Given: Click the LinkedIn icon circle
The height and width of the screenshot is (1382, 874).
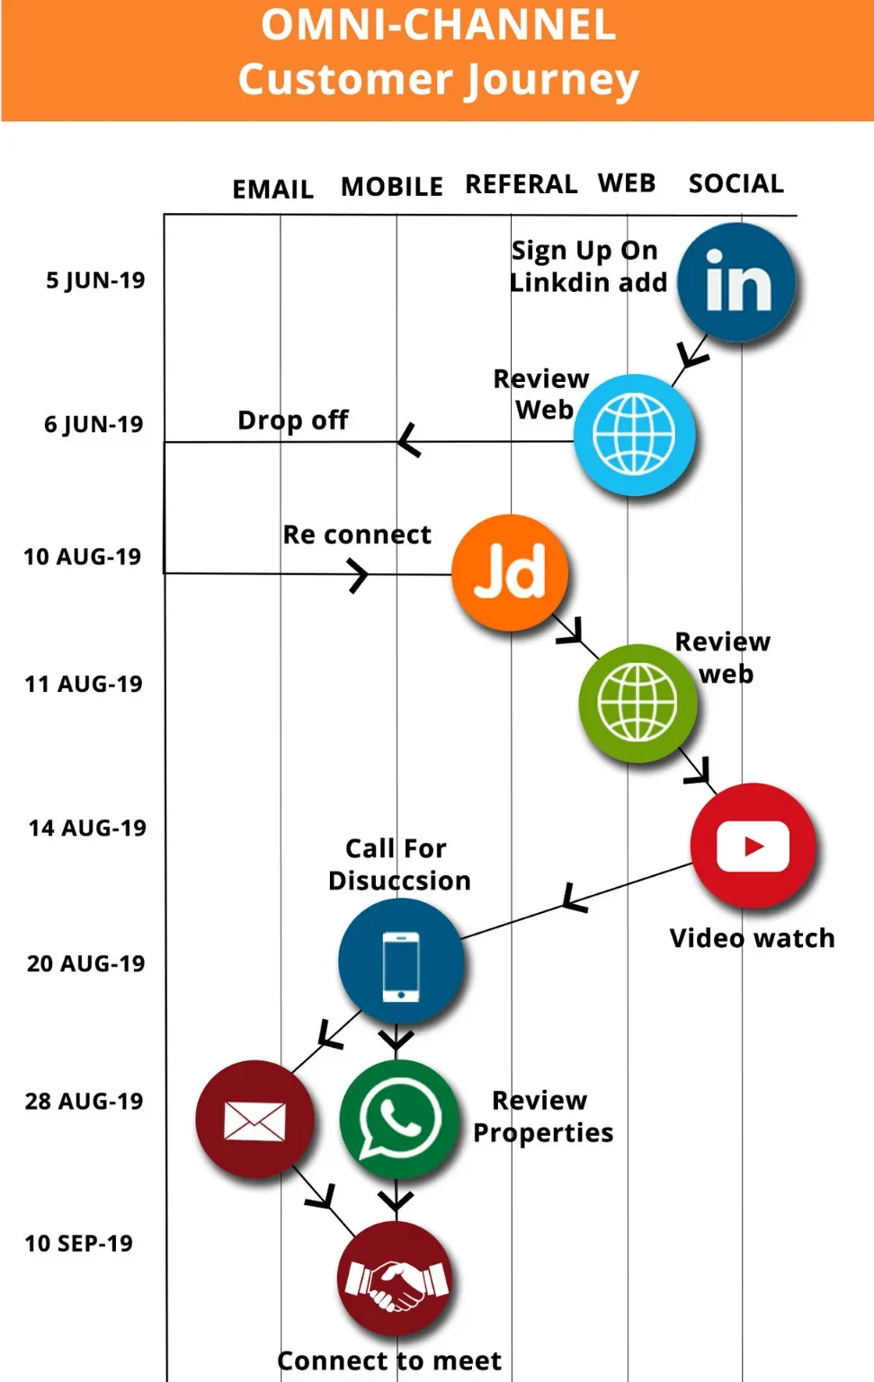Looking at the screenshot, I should (x=736, y=282).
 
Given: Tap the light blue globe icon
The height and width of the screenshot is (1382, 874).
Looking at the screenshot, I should (x=634, y=435).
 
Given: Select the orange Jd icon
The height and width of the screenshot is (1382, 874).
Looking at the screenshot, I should (x=510, y=572).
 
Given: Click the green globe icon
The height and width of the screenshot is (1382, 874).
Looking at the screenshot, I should (x=638, y=703).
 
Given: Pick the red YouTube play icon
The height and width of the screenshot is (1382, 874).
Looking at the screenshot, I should (x=753, y=846).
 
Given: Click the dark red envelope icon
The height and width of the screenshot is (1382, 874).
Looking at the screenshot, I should (x=254, y=1120).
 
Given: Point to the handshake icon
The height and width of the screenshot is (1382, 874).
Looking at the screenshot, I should (x=394, y=1280).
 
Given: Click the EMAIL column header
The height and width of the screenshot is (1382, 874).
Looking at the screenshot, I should (x=272, y=190).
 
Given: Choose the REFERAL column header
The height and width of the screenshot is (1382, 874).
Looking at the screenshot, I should (x=521, y=184).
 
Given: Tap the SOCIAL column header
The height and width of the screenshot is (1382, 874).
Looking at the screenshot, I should (x=736, y=184).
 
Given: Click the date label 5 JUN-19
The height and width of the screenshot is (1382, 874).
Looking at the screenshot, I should (x=95, y=280).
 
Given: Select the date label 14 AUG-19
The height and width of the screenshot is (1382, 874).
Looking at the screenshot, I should (x=87, y=828).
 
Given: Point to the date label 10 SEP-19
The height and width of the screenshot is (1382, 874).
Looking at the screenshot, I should (x=79, y=1244).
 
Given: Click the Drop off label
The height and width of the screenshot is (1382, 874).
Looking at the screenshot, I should (x=293, y=420).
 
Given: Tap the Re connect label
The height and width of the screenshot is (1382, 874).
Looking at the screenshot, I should (x=357, y=535).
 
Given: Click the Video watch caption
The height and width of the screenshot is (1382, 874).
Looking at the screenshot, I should (x=752, y=938).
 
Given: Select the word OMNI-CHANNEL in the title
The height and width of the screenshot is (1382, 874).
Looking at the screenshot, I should (x=439, y=25).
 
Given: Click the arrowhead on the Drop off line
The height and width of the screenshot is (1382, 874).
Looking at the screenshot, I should (x=407, y=440).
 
